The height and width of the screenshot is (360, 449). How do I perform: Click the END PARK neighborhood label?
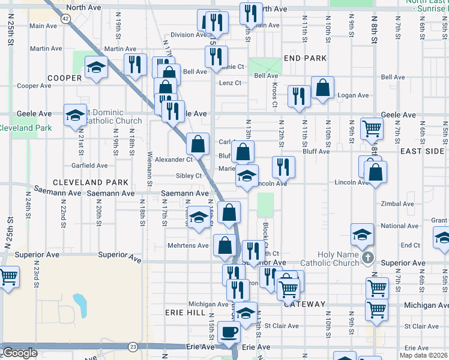coord(305,58)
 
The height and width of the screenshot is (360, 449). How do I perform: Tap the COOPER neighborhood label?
coord(65,78)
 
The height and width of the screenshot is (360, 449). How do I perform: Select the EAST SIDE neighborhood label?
coord(422,151)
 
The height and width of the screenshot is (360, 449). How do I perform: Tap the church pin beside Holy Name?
coord(369,259)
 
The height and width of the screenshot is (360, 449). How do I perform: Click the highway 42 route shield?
coord(65,19)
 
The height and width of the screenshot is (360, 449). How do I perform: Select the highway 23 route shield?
coord(133,347)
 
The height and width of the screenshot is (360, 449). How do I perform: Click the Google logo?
coord(20,353)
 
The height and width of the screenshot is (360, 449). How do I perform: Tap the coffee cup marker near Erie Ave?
coord(229,332)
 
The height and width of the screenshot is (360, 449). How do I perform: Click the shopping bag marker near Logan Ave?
coord(322,88)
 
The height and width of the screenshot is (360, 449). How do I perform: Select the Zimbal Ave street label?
coord(397,204)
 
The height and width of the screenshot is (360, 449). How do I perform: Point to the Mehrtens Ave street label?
coord(188,245)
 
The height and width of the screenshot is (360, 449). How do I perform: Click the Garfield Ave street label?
coord(89,165)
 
